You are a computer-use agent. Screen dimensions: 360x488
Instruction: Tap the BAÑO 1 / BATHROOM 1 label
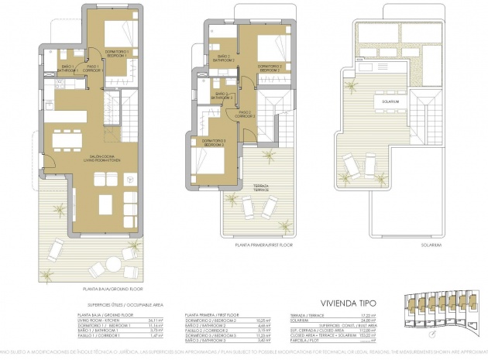click(x=72, y=67)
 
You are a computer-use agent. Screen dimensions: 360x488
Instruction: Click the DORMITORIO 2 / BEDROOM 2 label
click(x=270, y=67)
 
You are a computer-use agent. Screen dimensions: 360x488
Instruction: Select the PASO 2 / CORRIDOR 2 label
click(x=246, y=115)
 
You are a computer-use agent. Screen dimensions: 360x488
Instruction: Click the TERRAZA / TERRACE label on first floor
click(x=262, y=187)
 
